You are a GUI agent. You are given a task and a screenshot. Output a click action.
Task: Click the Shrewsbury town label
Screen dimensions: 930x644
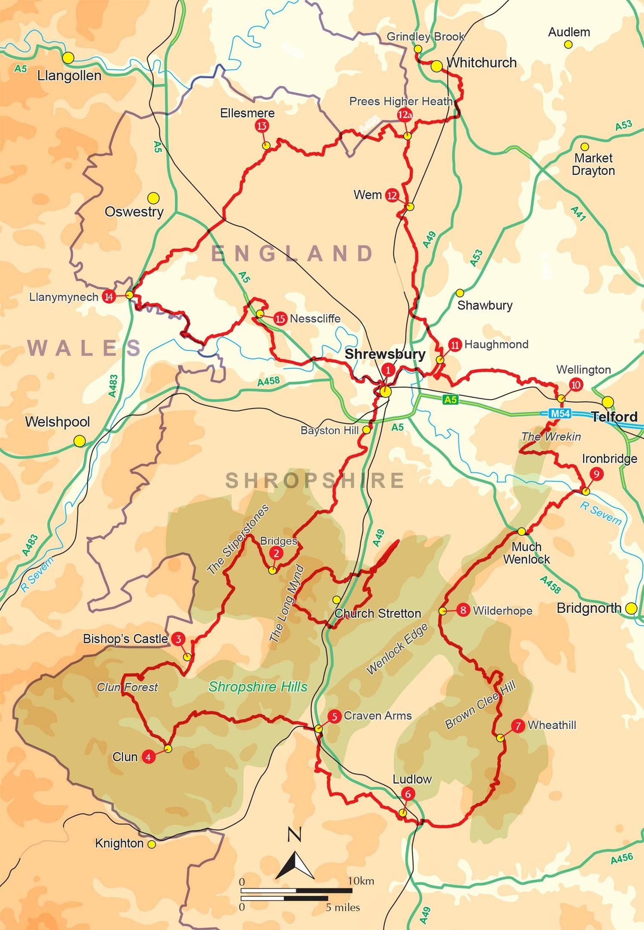point(385,354)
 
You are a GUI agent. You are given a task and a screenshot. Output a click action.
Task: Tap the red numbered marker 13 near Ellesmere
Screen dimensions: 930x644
point(261,126)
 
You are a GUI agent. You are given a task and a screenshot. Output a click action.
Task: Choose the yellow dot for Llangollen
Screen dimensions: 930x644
point(68,58)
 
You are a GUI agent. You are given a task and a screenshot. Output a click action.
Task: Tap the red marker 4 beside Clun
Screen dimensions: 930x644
point(148,757)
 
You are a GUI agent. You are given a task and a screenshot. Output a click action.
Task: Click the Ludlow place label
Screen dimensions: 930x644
point(412,779)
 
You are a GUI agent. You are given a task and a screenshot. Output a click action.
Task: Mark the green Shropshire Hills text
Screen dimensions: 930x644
point(258,687)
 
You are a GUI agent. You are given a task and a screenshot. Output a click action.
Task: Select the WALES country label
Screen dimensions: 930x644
point(84,348)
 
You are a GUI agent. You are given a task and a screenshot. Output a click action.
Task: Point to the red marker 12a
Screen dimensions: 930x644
point(404,115)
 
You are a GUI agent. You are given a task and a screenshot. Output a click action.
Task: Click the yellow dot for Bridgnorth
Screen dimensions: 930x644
point(631,608)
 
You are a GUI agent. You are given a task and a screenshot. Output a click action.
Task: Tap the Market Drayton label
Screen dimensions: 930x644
point(593,164)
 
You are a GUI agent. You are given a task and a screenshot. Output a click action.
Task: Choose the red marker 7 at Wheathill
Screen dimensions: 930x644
point(518,726)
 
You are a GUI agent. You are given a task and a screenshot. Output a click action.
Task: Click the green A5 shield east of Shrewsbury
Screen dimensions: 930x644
point(450,400)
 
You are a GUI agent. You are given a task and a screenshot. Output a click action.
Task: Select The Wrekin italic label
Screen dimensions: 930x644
point(551,437)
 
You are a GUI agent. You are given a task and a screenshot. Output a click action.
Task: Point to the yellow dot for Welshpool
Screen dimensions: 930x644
point(79,441)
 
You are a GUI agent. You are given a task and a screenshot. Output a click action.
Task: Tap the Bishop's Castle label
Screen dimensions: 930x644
point(125,639)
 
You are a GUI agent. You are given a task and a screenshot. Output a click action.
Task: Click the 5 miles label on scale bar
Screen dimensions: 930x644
point(342,907)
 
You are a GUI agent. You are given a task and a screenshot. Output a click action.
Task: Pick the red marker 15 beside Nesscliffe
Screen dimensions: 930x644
point(280,319)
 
